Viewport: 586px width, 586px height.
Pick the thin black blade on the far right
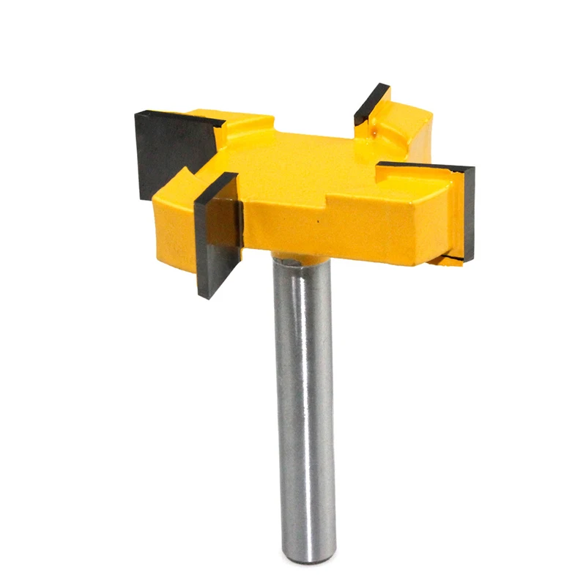click(x=468, y=212)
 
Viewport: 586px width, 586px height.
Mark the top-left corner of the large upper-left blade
click(x=136, y=114)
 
